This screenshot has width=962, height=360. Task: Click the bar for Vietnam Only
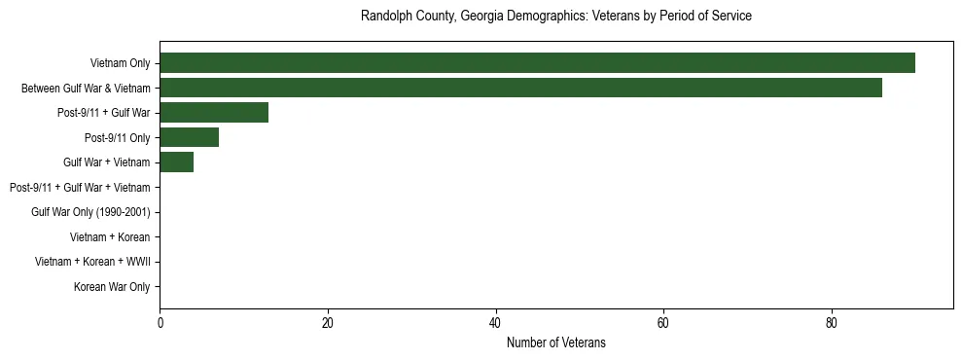537,63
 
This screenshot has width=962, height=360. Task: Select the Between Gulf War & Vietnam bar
520,88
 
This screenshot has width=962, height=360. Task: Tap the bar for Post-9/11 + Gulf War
214,113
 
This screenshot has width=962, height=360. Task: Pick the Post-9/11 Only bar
189,137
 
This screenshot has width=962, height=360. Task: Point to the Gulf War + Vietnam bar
176,162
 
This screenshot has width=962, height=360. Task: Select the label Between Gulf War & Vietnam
86,89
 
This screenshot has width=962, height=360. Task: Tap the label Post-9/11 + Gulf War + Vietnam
79,188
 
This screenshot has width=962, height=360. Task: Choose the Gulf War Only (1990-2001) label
90,212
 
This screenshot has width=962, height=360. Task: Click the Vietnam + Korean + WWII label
92,262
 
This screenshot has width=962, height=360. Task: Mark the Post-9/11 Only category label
117,138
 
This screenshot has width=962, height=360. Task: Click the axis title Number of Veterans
555,342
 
